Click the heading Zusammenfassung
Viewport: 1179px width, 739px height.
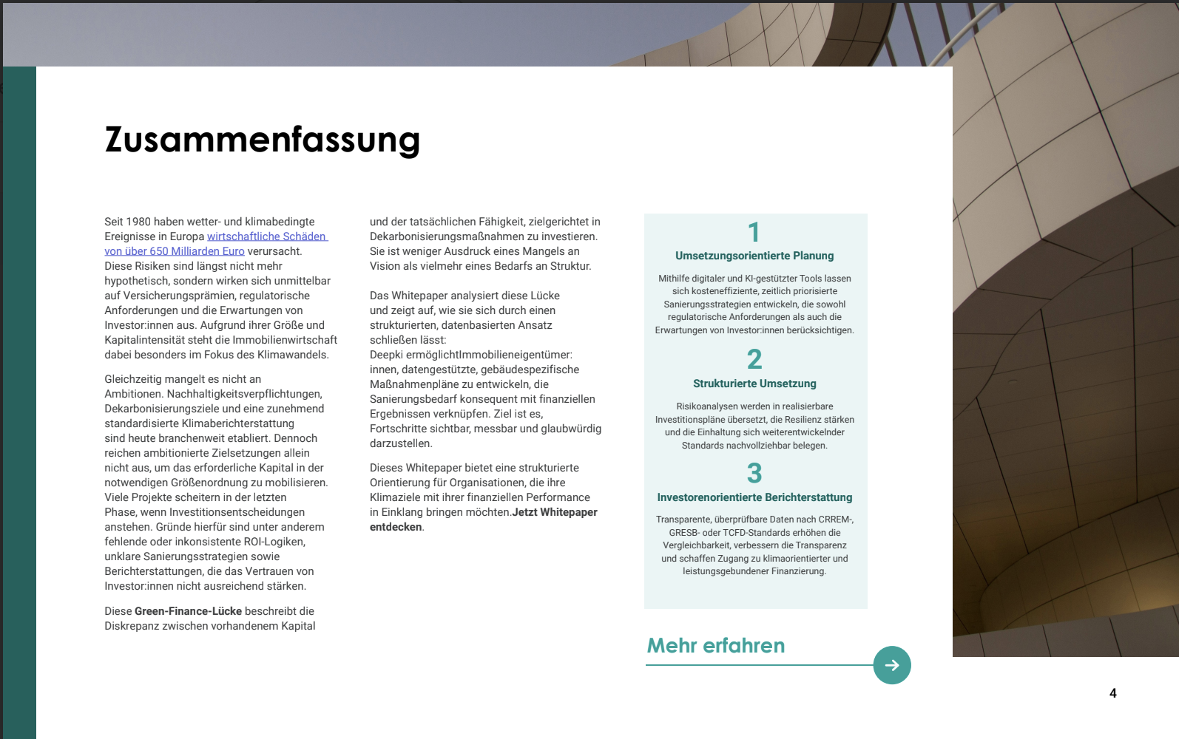pyautogui.click(x=263, y=140)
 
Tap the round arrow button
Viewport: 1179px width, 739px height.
pyautogui.click(x=892, y=665)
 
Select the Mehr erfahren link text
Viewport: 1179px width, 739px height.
pyautogui.click(x=715, y=646)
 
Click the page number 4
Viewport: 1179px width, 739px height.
pyautogui.click(x=1112, y=693)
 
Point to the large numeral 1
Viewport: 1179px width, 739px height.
pyautogui.click(x=754, y=232)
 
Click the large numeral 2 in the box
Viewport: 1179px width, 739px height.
pyautogui.click(x=754, y=360)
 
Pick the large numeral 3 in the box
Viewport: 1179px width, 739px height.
pyautogui.click(x=754, y=474)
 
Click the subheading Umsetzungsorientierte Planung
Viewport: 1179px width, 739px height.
pyautogui.click(x=754, y=256)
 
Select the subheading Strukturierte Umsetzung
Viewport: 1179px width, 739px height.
pyautogui.click(x=754, y=384)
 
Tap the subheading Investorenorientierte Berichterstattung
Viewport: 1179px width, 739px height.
pyautogui.click(x=754, y=497)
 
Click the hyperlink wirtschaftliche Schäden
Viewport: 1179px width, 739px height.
pyautogui.click(x=266, y=236)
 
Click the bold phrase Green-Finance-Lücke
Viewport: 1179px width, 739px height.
pyautogui.click(x=188, y=611)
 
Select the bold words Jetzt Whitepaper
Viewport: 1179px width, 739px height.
pyautogui.click(x=555, y=512)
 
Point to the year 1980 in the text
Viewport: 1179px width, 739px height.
pyautogui.click(x=138, y=222)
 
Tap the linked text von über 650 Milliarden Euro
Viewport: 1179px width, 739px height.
pyautogui.click(x=174, y=251)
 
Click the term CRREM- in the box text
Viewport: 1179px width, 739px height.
pyautogui.click(x=836, y=520)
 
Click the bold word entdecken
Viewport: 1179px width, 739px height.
pyautogui.click(x=396, y=527)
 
